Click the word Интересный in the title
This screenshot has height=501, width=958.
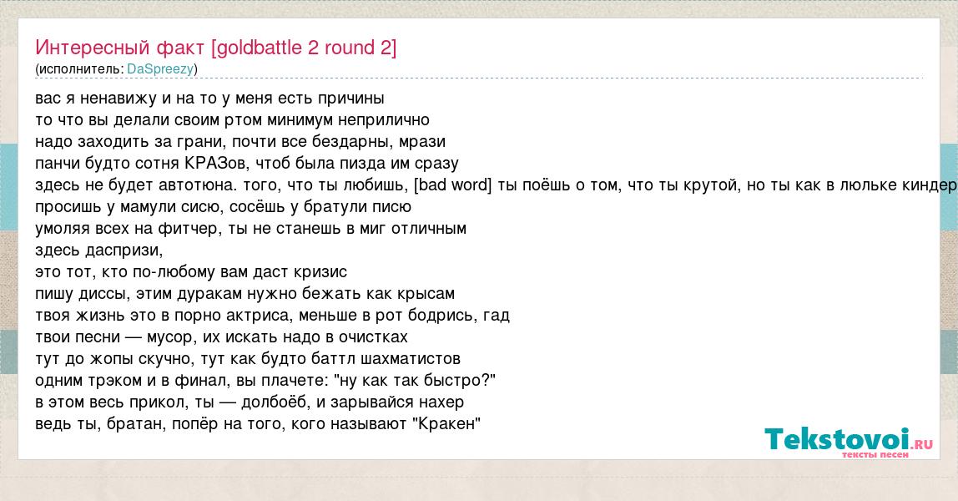point(93,48)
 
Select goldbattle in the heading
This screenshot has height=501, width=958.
point(260,48)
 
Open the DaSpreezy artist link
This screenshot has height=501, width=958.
point(160,69)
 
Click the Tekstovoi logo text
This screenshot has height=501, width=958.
point(837,439)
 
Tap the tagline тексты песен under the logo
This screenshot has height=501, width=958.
point(875,454)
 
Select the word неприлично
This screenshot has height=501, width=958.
point(384,119)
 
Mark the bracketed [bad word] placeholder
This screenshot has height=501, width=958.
point(453,185)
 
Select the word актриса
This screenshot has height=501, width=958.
point(257,316)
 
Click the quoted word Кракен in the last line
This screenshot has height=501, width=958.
point(449,423)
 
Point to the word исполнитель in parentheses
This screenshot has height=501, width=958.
point(80,69)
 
